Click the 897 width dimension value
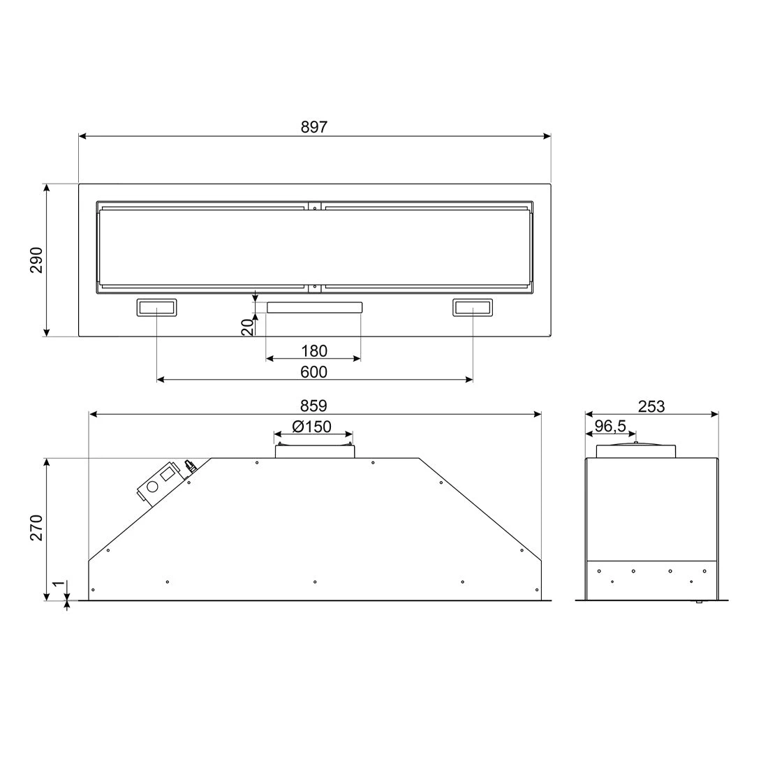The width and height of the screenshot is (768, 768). click(314, 126)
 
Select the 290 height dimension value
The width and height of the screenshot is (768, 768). click(37, 260)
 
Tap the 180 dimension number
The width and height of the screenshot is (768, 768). click(313, 350)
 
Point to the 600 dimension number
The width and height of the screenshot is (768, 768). click(313, 372)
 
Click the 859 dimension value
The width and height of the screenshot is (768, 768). click(314, 406)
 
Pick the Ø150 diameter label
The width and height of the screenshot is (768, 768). click(311, 427)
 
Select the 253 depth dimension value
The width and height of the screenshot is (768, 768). click(651, 406)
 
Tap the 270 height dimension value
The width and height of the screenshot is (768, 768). click(37, 528)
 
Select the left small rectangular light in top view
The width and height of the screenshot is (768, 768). click(156, 307)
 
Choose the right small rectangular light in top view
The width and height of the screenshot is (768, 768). click(473, 307)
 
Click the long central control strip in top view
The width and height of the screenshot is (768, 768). click(313, 307)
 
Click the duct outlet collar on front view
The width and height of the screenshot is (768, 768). click(313, 450)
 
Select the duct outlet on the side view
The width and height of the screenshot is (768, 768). click(635, 450)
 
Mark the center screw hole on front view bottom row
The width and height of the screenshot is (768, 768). click(315, 582)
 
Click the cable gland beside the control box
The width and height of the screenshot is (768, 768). click(189, 466)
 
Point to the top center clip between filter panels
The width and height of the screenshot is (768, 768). click(315, 206)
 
